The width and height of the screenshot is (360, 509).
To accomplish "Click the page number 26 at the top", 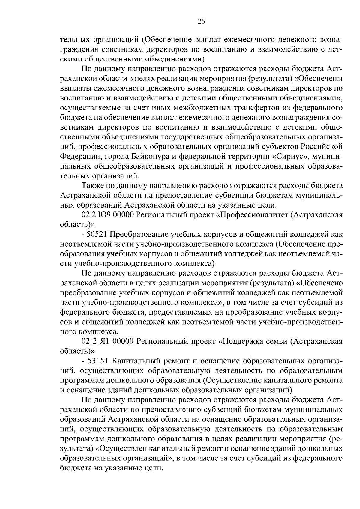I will coord(201,21).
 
